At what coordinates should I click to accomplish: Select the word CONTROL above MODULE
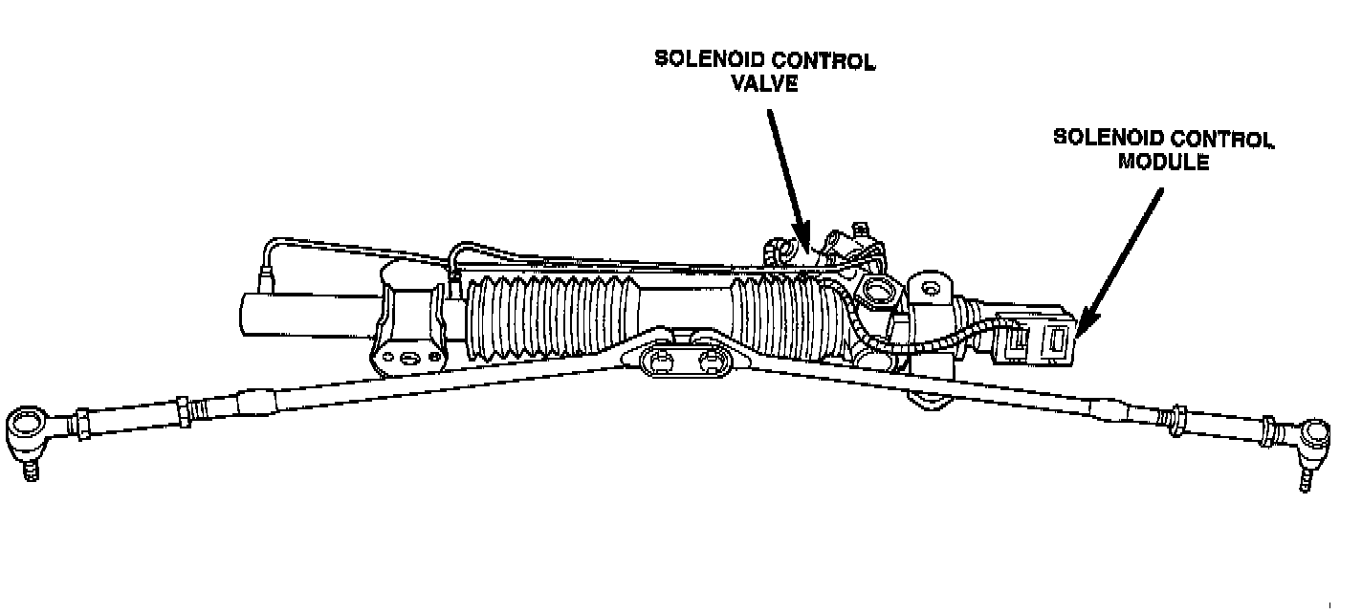[1220, 139]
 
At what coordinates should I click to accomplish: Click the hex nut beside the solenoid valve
[877, 291]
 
